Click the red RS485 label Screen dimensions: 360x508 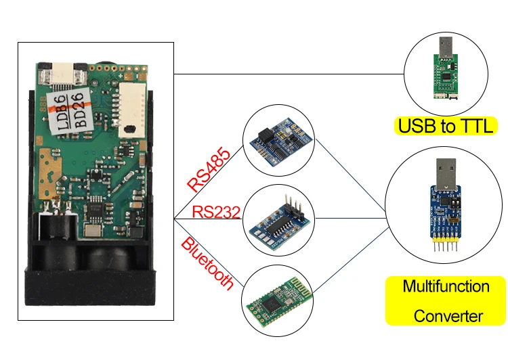209,168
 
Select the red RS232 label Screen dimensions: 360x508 216,212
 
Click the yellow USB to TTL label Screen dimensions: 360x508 446,126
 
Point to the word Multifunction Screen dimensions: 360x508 446,286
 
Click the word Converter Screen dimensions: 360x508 448,316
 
